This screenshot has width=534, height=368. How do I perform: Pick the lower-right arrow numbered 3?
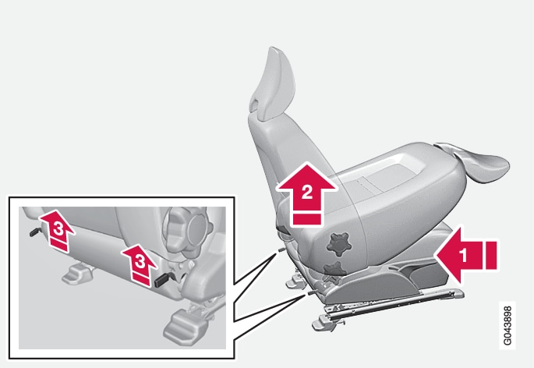tap(140, 263)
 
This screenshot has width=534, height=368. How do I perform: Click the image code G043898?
tap(507, 325)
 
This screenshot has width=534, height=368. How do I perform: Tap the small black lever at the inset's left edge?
tap(35, 232)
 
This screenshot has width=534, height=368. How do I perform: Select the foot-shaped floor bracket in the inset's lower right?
tap(185, 325)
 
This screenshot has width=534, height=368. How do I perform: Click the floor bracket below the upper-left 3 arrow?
tap(78, 273)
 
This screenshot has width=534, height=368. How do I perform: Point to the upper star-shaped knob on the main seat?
tap(338, 243)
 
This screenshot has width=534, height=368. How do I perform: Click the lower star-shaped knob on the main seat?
tap(334, 269)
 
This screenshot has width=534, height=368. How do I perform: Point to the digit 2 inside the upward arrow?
tap(307, 192)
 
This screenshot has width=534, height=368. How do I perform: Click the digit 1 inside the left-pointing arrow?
tap(463, 255)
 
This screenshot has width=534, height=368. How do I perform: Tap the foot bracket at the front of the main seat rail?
tap(324, 323)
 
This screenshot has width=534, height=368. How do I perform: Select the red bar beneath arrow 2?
tap(307, 219)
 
